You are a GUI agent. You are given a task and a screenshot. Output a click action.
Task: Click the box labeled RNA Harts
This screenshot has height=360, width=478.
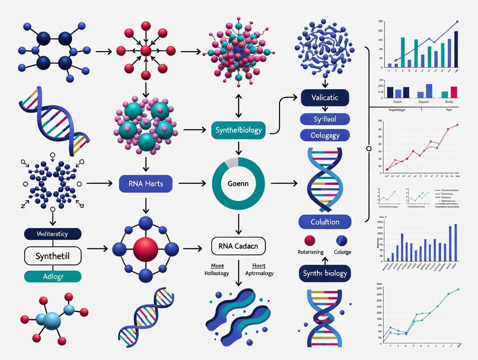point(145,184)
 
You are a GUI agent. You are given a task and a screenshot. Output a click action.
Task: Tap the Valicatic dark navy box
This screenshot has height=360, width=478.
point(325,98)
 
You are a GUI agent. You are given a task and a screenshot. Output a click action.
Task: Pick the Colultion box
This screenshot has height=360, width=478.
point(325,222)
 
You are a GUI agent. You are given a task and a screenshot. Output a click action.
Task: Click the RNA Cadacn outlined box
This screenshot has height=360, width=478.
point(238,246)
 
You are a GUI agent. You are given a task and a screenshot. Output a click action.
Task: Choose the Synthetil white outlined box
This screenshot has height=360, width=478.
point(53,256)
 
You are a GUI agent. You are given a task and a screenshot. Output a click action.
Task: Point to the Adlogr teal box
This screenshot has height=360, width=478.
point(53,276)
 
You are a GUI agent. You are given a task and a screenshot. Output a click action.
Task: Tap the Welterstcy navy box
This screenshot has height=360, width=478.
point(53,234)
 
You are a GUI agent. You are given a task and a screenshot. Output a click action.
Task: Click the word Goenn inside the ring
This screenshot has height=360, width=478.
point(238,184)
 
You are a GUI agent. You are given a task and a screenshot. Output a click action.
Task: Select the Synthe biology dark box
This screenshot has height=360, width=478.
point(325,273)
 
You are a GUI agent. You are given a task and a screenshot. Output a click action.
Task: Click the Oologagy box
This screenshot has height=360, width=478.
point(325,135)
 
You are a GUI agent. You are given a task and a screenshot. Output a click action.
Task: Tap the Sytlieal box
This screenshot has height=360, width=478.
point(325,118)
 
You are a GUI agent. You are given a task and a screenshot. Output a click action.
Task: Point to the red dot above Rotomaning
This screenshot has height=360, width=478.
point(310,240)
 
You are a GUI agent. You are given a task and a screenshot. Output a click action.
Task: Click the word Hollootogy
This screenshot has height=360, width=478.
point(217,273)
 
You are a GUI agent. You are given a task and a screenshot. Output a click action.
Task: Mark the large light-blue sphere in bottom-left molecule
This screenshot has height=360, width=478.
point(52,321)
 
